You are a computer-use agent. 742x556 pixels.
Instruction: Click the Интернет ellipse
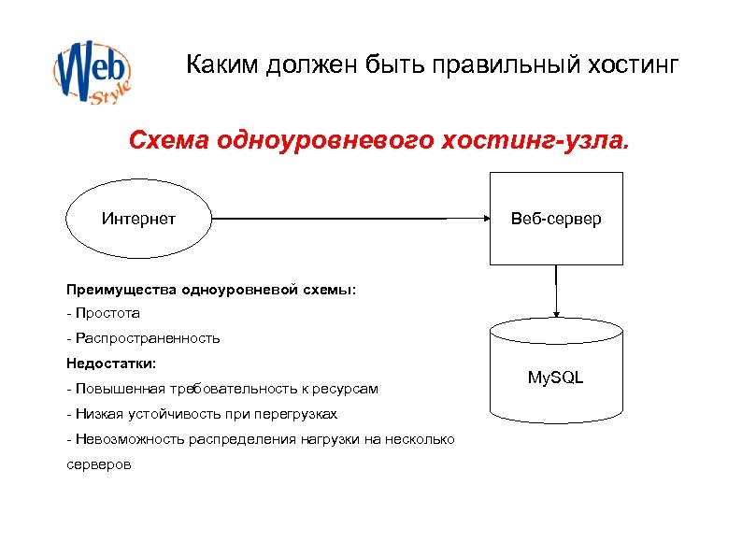click(138, 220)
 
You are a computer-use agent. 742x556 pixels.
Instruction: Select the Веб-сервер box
click(556, 220)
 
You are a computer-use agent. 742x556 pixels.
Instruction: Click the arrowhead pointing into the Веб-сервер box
click(484, 220)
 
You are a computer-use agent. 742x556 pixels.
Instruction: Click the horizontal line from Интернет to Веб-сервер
click(346, 220)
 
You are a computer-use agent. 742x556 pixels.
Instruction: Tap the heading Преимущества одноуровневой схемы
click(210, 290)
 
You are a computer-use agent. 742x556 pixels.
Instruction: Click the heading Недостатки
click(111, 363)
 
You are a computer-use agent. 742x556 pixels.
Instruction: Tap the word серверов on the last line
click(99, 463)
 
